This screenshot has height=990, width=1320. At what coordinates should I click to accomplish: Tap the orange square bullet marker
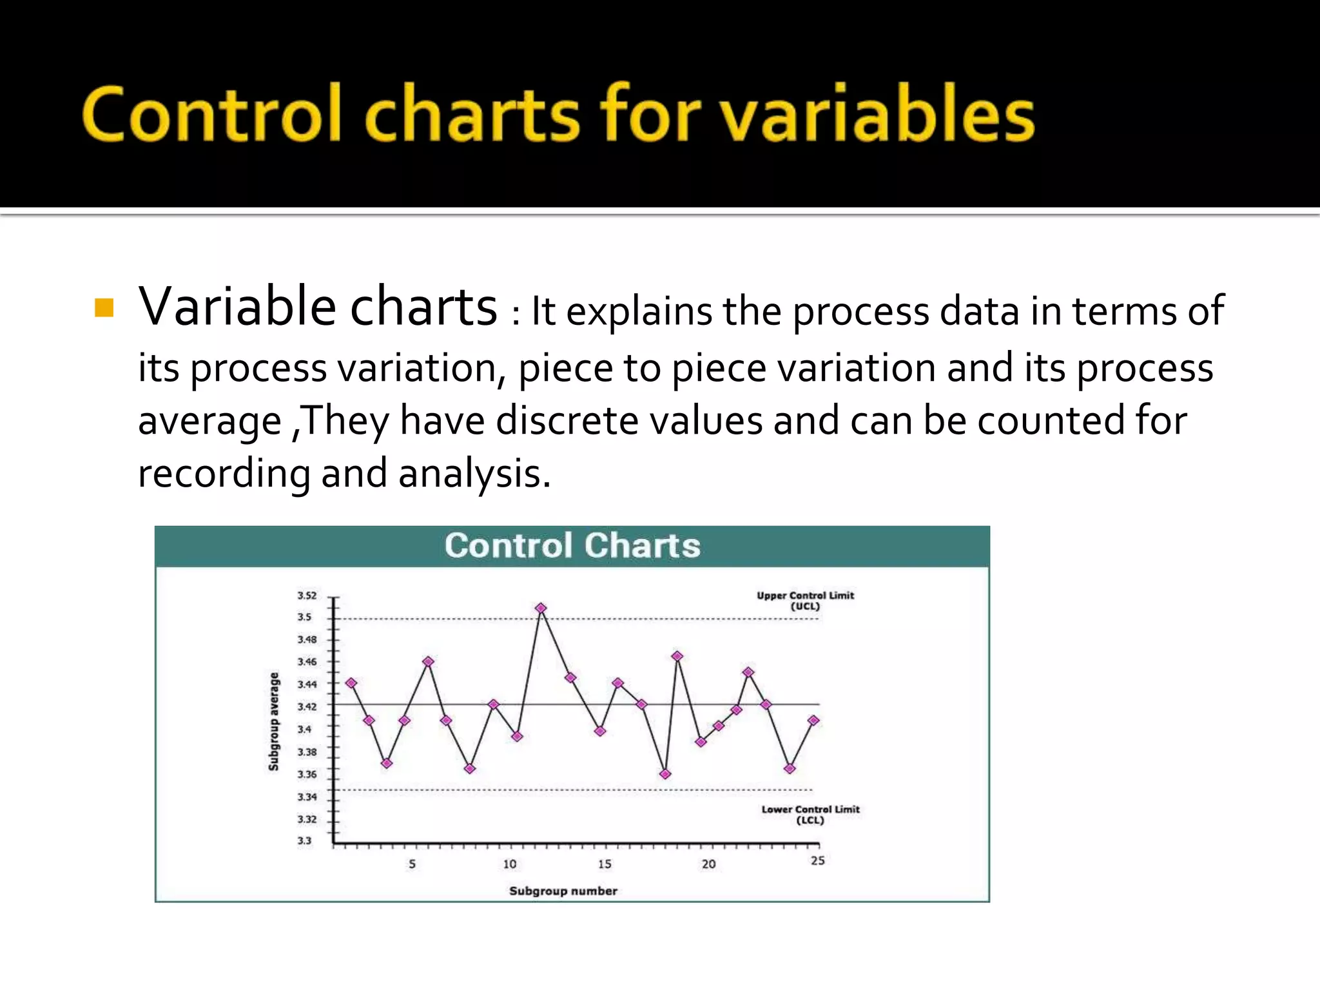(x=104, y=308)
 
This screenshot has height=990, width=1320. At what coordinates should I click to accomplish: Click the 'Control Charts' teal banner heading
(x=572, y=545)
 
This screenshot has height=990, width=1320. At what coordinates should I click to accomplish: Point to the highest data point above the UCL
(x=541, y=608)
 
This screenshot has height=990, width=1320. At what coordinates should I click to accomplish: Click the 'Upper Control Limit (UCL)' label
(x=805, y=601)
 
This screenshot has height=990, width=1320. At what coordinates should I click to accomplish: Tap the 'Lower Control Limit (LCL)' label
(x=810, y=815)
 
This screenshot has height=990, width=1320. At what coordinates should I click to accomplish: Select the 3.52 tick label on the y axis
(x=307, y=596)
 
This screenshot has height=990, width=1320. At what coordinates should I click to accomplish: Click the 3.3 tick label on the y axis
(x=304, y=840)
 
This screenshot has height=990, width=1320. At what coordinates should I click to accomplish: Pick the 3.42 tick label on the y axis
(x=307, y=706)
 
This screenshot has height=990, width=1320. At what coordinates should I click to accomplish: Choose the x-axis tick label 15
(x=604, y=864)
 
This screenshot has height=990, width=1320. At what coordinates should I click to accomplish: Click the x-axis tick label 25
(x=817, y=861)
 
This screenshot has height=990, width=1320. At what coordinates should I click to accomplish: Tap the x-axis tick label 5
(x=412, y=864)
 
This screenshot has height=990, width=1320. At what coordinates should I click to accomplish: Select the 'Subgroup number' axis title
(x=563, y=891)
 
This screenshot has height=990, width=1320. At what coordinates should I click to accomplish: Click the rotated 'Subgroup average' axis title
(x=274, y=721)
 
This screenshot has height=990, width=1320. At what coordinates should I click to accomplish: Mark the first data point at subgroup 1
(x=351, y=683)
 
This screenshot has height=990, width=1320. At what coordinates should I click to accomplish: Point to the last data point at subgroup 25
(x=813, y=721)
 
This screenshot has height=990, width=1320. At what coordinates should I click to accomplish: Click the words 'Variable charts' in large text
(x=318, y=307)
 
